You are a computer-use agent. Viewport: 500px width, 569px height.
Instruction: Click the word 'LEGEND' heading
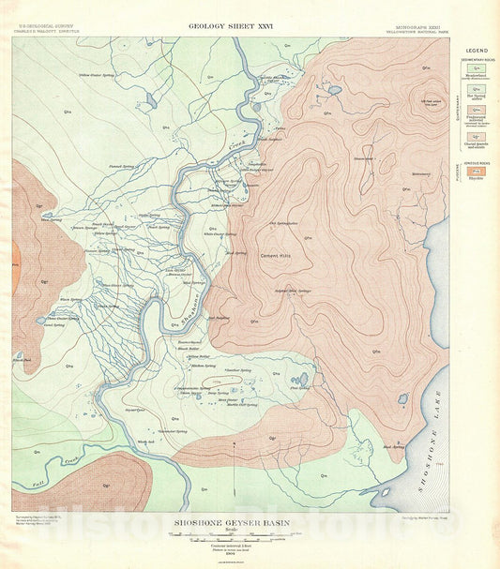tap(478, 48)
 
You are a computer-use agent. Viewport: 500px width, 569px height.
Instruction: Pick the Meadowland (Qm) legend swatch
tap(477, 68)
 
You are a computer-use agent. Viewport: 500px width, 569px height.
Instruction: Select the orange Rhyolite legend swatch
tap(477, 172)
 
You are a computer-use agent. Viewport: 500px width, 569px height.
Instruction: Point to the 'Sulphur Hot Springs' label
tap(292, 291)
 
